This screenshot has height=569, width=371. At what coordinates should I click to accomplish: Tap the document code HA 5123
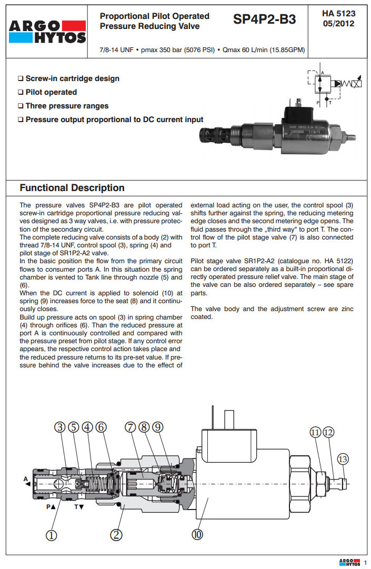pyautogui.click(x=338, y=13)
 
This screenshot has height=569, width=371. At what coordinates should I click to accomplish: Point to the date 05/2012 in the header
pyautogui.click(x=338, y=23)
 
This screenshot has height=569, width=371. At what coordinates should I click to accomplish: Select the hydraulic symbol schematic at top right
pyautogui.click(x=334, y=87)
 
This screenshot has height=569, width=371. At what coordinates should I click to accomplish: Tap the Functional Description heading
pyautogui.click(x=72, y=188)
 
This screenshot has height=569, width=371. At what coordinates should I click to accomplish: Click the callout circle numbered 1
pyautogui.click(x=51, y=535)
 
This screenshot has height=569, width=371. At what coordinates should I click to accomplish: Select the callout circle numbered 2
pyautogui.click(x=117, y=535)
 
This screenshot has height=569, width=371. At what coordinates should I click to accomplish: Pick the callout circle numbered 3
pyautogui.click(x=61, y=427)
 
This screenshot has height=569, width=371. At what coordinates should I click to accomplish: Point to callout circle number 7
pyautogui.click(x=130, y=427)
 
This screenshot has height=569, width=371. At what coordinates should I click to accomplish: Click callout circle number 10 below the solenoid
pyautogui.click(x=197, y=535)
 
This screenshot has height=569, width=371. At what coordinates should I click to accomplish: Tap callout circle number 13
pyautogui.click(x=343, y=459)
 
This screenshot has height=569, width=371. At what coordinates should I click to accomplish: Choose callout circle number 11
pyautogui.click(x=315, y=433)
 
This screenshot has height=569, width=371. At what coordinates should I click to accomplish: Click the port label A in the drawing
pyautogui.click(x=25, y=478)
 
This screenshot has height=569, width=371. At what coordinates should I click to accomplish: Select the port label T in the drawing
pyautogui.click(x=76, y=507)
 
